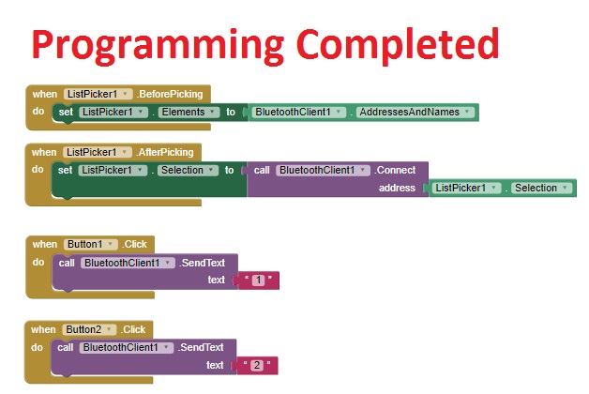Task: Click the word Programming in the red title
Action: (x=158, y=46)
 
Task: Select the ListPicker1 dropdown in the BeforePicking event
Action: (x=98, y=94)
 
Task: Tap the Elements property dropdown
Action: (x=189, y=112)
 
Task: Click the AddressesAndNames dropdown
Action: (x=415, y=112)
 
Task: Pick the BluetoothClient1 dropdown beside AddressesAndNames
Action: (x=298, y=112)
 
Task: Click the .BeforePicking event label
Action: (x=170, y=94)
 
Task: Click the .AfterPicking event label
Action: (x=165, y=152)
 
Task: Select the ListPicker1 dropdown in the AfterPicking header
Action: (x=98, y=152)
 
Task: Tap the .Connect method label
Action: (x=395, y=170)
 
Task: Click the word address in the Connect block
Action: (x=397, y=188)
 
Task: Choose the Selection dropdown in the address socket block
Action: (x=541, y=188)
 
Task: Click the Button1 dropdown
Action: (x=91, y=244)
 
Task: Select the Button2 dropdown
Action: (x=89, y=329)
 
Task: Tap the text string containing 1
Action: (x=259, y=280)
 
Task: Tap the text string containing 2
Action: (x=257, y=365)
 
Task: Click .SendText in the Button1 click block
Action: (x=202, y=263)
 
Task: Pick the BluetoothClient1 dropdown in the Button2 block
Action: (x=127, y=347)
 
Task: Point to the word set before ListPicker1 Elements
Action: (x=66, y=112)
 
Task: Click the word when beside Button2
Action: (x=43, y=329)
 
